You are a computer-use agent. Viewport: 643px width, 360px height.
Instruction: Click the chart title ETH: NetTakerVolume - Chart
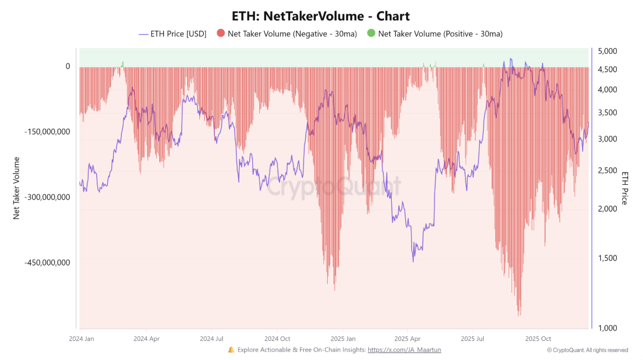click(321, 16)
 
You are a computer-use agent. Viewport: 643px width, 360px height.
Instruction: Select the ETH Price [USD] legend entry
click(172, 34)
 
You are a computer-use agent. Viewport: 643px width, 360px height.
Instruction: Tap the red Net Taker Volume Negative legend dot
click(220, 34)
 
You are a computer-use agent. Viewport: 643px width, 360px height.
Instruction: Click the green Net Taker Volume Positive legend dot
click(371, 34)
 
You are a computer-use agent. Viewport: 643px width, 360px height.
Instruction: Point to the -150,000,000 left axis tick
click(47, 131)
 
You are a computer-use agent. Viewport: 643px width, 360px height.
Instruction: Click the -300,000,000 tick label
click(47, 197)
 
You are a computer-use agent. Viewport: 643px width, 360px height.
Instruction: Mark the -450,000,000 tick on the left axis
click(47, 263)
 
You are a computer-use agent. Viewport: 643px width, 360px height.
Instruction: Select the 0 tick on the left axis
click(68, 66)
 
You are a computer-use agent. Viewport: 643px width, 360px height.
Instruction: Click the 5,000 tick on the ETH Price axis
click(608, 51)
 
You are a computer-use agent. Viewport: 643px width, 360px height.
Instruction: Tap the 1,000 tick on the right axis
click(608, 328)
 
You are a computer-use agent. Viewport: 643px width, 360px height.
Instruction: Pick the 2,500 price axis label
click(608, 170)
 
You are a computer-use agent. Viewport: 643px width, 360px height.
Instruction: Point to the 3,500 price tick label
click(608, 113)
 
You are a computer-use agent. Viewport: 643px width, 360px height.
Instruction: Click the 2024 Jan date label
click(82, 339)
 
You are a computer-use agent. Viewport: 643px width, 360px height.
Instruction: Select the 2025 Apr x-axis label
click(407, 339)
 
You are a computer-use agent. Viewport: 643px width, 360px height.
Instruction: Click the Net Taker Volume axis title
click(16, 187)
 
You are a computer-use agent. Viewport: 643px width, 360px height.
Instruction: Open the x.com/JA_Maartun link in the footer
click(405, 350)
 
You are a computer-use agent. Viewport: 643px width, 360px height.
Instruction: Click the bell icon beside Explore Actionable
click(231, 350)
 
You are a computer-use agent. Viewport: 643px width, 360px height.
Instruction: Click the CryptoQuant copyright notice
click(587, 350)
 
